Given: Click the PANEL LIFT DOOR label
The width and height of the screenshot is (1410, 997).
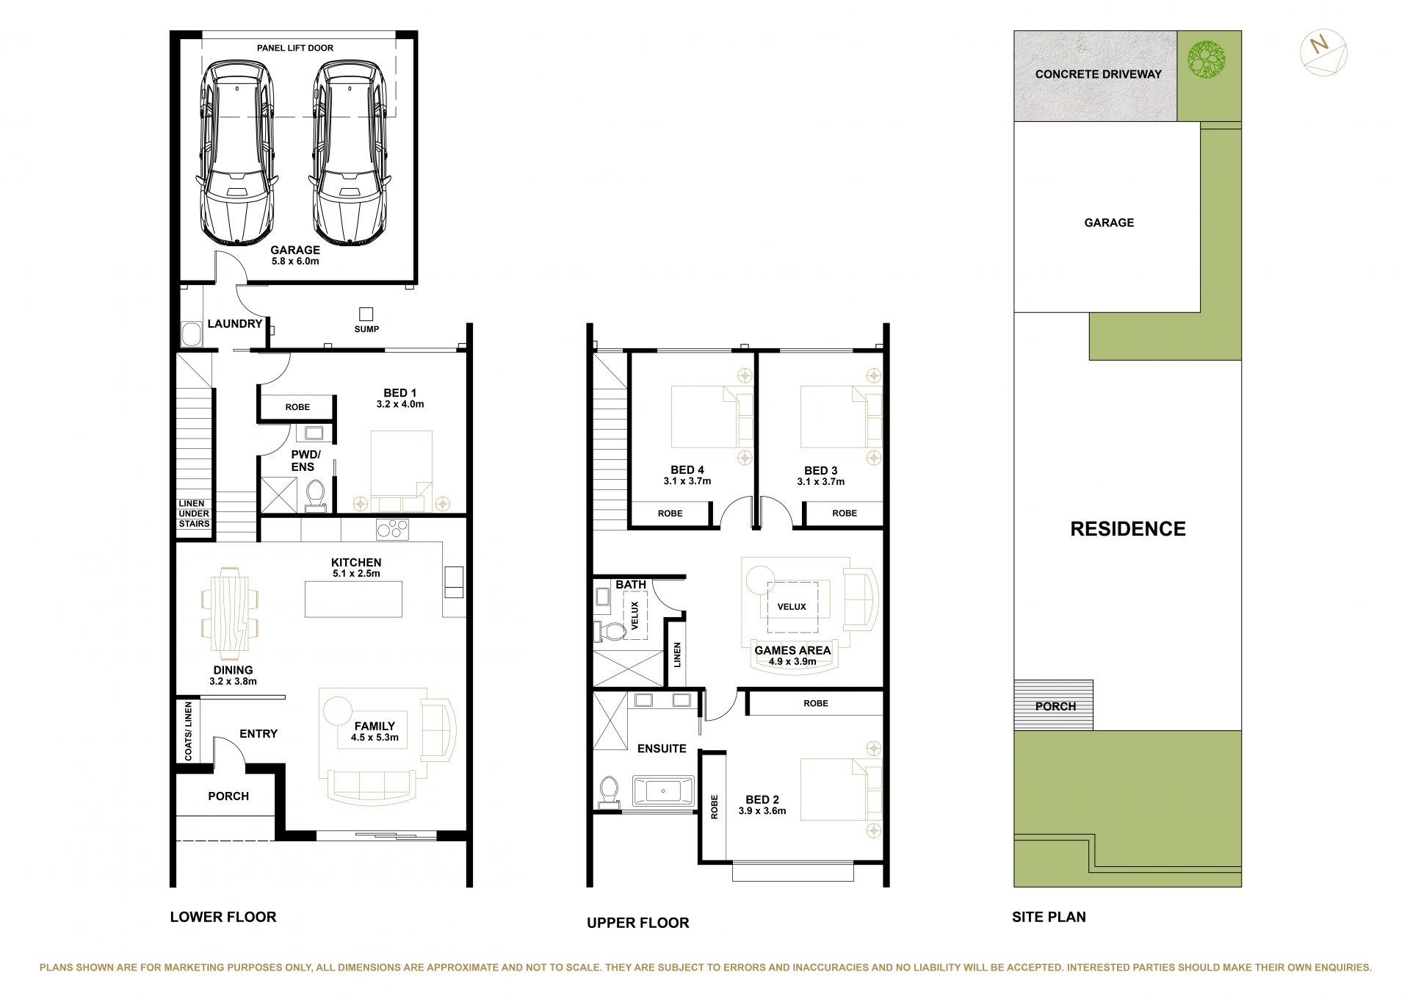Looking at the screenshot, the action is pyautogui.click(x=295, y=48).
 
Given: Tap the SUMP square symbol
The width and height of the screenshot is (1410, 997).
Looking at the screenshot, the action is pyautogui.click(x=366, y=314).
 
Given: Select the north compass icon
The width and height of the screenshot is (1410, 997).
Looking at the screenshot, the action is pyautogui.click(x=1323, y=52).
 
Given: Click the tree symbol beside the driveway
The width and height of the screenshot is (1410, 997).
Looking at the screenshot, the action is pyautogui.click(x=1207, y=60).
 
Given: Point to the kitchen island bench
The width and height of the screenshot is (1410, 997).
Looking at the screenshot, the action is pyautogui.click(x=353, y=599).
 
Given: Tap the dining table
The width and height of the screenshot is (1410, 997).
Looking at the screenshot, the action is pyautogui.click(x=230, y=610).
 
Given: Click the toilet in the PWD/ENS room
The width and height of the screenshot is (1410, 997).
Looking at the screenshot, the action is pyautogui.click(x=316, y=494).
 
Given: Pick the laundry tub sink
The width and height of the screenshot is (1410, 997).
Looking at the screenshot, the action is pyautogui.click(x=192, y=334).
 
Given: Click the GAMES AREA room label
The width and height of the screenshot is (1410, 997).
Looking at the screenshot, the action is pyautogui.click(x=792, y=650).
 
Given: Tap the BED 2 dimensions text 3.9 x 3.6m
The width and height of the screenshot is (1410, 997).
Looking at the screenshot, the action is pyautogui.click(x=762, y=811).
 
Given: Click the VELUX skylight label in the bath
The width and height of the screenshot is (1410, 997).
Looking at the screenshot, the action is pyautogui.click(x=635, y=616).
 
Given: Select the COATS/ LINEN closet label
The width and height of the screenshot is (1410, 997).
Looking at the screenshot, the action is pyautogui.click(x=189, y=731).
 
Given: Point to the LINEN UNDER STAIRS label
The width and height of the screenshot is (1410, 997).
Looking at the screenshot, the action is pyautogui.click(x=195, y=514).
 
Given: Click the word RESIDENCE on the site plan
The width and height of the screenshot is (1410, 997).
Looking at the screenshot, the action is pyautogui.click(x=1127, y=529).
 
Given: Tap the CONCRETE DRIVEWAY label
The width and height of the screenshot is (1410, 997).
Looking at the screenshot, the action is pyautogui.click(x=1098, y=74).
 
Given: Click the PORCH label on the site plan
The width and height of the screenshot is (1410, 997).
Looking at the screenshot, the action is pyautogui.click(x=1055, y=706).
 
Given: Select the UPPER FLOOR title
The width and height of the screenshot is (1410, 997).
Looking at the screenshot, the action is pyautogui.click(x=637, y=923).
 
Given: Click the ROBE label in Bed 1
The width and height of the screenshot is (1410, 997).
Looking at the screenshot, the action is pyautogui.click(x=297, y=407).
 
